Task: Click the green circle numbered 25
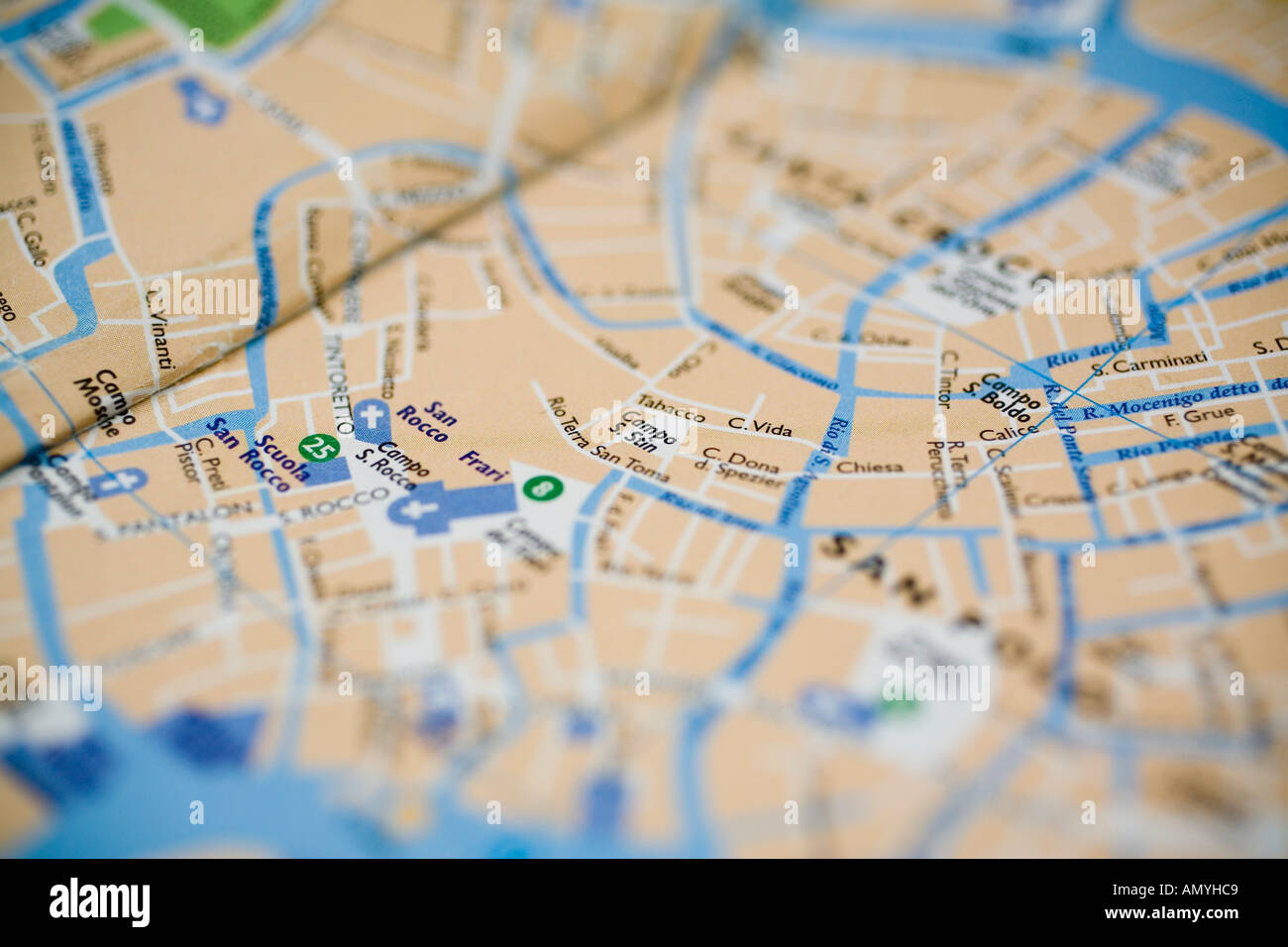pos(317,448)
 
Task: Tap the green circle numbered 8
pos(539,487)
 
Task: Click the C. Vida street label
pos(760,427)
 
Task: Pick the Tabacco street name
pos(671,405)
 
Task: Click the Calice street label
pos(1007,433)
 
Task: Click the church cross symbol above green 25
pos(372,417)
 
